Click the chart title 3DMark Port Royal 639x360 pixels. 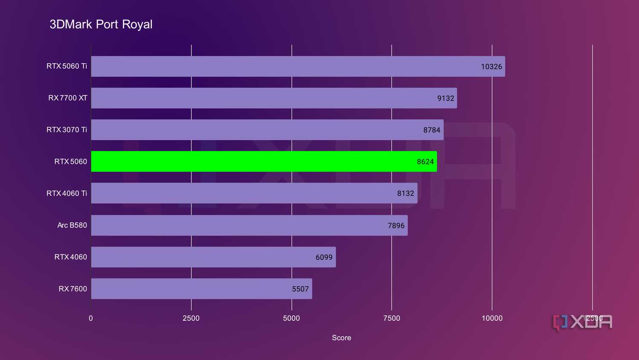[101, 24]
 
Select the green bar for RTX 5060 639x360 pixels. [263, 162]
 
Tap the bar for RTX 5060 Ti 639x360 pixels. [298, 67]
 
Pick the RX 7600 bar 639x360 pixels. [201, 289]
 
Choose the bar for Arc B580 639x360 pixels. [249, 225]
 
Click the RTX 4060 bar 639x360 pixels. [213, 257]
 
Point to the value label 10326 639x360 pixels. [491, 67]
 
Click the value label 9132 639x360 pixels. [445, 98]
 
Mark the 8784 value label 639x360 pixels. [431, 130]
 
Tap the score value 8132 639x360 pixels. [405, 194]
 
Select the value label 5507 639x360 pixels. [300, 289]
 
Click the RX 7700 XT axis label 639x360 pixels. [68, 98]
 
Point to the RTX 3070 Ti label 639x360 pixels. [67, 130]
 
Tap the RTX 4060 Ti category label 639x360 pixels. [67, 193]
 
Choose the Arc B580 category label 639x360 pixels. [72, 225]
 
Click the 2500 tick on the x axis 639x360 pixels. [191, 318]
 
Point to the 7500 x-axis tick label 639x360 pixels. [391, 318]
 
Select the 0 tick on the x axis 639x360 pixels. [91, 318]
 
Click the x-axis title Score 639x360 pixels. [341, 338]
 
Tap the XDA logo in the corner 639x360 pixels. [583, 322]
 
